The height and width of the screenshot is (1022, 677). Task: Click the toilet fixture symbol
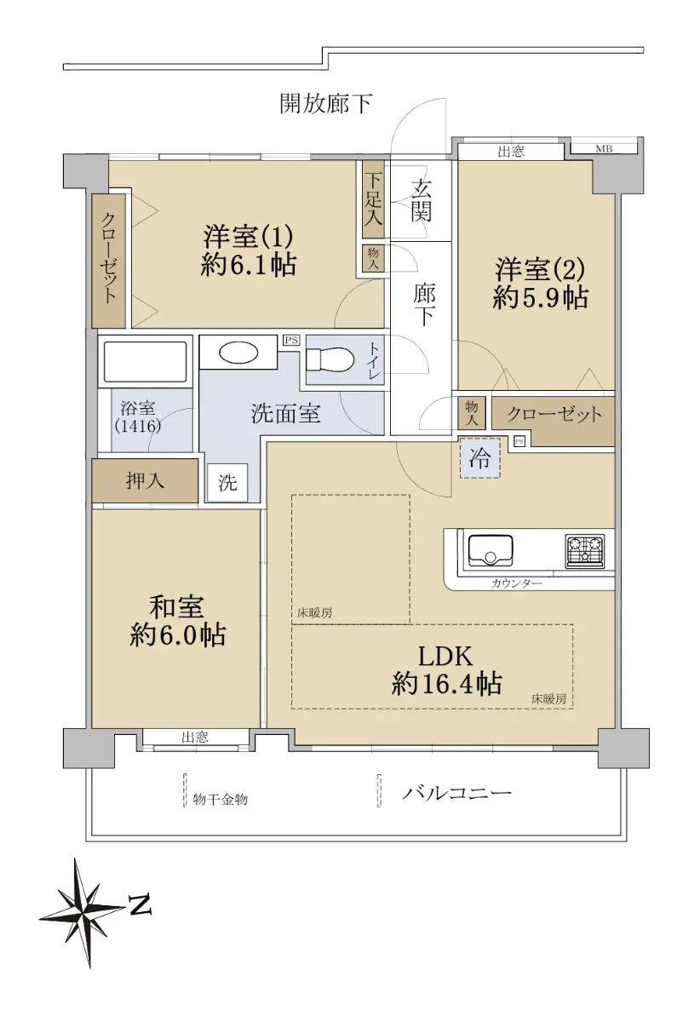[x=330, y=359]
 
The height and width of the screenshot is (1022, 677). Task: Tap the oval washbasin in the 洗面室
[x=238, y=353]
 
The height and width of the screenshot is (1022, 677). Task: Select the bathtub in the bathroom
[x=145, y=362]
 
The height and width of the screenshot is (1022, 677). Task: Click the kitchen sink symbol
[x=491, y=551]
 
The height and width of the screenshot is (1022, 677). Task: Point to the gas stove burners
[x=585, y=551]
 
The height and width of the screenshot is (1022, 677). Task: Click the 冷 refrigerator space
[x=480, y=458]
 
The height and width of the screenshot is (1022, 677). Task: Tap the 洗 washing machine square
[x=227, y=483]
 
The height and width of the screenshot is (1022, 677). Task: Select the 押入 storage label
[x=145, y=480]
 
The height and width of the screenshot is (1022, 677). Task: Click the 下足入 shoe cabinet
[x=373, y=199]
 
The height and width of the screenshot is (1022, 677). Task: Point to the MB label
[x=604, y=149]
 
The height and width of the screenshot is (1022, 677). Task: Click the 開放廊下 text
[x=325, y=104]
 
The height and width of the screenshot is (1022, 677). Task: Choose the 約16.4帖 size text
[x=446, y=684]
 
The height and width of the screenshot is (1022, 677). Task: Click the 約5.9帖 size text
[x=540, y=297]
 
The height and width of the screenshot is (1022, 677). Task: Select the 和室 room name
[x=176, y=606]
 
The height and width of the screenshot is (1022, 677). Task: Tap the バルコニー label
[x=456, y=793]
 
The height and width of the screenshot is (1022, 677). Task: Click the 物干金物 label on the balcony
[x=221, y=799]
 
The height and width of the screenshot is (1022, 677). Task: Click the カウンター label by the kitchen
[x=516, y=583]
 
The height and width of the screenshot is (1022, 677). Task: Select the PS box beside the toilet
[x=291, y=340]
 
